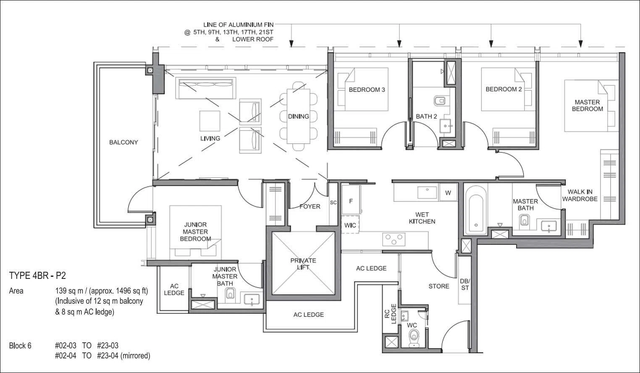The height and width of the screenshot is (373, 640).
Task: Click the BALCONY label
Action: pos(123,142)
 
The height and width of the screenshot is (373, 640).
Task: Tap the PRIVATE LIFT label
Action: pos(303,264)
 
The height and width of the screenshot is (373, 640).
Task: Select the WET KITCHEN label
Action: pos(422,218)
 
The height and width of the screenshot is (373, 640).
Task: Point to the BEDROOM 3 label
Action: pos(367,90)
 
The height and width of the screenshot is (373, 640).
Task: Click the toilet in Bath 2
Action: pos(440,101)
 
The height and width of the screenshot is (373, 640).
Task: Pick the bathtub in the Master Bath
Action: pos(476,210)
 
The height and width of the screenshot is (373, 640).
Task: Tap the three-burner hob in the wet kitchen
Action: pos(394,239)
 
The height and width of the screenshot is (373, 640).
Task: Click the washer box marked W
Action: pos(448,193)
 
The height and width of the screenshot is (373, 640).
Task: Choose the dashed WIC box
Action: pos(350,225)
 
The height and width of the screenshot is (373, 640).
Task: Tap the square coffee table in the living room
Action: pos(210,121)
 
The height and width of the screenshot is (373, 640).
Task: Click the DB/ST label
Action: pos(465,284)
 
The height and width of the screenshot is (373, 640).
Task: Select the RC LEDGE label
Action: pos(390,314)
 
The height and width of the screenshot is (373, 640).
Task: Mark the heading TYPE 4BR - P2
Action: pos(37,276)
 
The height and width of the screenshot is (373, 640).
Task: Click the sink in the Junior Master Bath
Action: pos(252,299)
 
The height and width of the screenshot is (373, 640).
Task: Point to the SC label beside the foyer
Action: pos(333,202)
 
